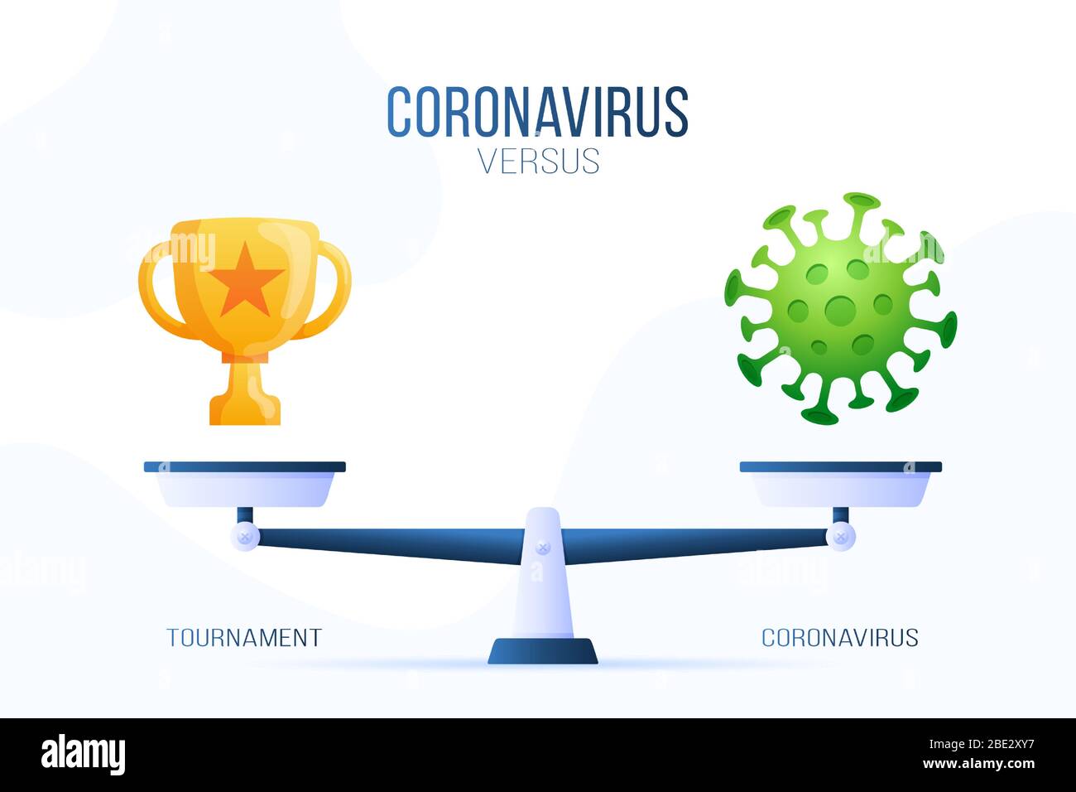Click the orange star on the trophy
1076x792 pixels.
pos(245,279)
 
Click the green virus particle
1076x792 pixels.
pos(839,308)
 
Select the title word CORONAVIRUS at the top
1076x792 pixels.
pos(538,113)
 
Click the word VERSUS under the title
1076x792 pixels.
pos(538,161)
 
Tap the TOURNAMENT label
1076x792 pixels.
pos(244,637)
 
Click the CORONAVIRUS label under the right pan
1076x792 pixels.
pos(839,637)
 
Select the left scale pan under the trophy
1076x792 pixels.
pos(245,485)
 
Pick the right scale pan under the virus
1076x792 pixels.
pos(840,485)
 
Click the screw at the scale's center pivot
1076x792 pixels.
pos(542,547)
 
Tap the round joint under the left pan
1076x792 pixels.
pos(245,537)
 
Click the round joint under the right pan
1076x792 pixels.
pos(841,537)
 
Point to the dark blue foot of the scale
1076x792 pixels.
pos(542,651)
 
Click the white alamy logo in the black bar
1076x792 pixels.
pos(84,755)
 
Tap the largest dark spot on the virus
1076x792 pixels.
pos(840,310)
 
